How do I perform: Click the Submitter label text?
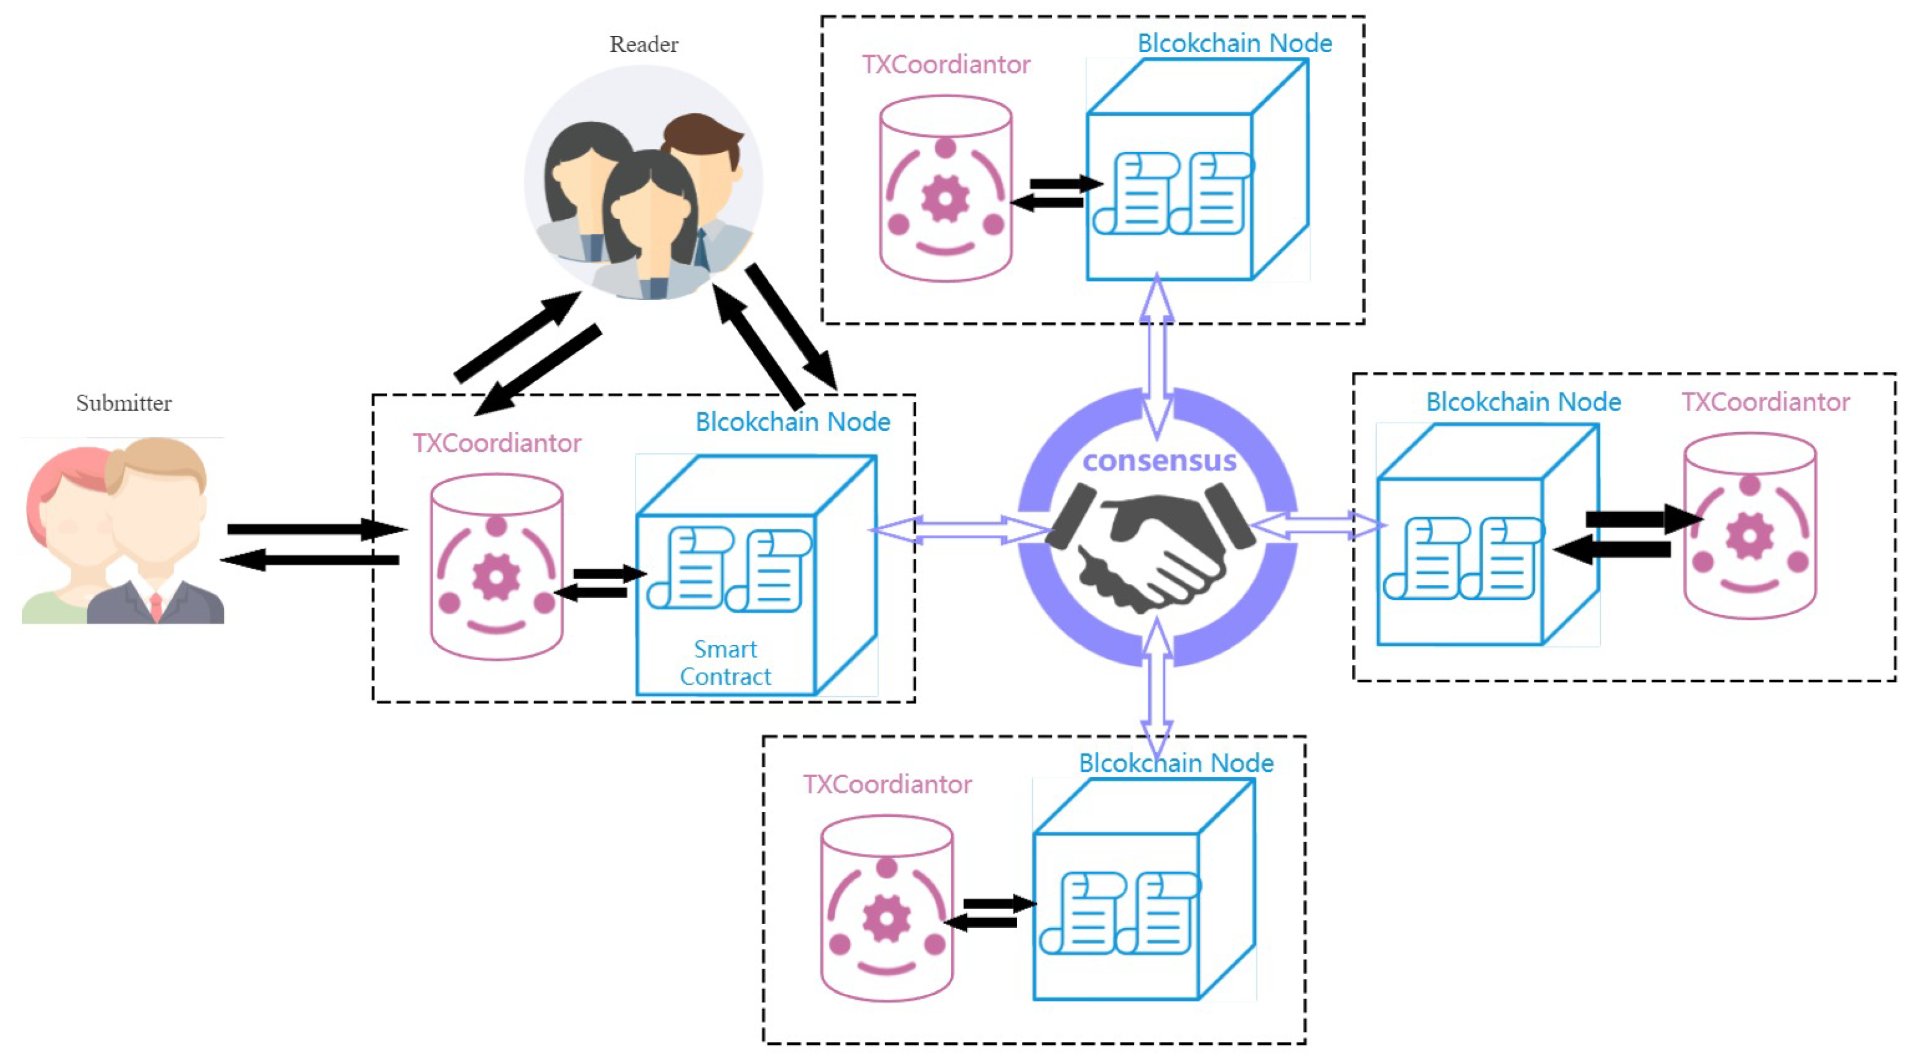[124, 403]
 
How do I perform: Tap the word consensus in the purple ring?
[1159, 460]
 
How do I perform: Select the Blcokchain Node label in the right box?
[1523, 402]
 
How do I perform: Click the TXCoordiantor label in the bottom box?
[886, 785]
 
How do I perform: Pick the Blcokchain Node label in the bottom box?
[1176, 763]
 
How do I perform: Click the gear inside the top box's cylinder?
[944, 199]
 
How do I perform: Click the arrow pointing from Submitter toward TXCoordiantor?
[313, 530]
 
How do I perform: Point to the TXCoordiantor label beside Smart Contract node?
[497, 444]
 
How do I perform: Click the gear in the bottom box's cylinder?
[886, 918]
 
